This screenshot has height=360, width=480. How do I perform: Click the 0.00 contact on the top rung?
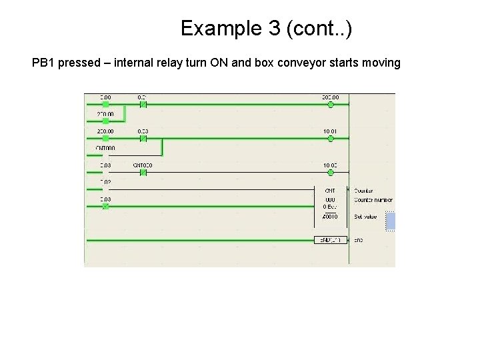click(x=105, y=104)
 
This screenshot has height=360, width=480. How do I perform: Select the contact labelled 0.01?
click(x=143, y=104)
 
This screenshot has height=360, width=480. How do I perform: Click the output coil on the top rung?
click(x=331, y=104)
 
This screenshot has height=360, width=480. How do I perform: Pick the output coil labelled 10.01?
click(x=331, y=138)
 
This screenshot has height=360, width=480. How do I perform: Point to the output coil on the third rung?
click(x=331, y=172)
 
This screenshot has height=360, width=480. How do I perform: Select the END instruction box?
click(x=331, y=239)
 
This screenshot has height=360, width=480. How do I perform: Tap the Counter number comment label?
click(x=373, y=199)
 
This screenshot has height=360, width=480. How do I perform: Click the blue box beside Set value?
click(x=391, y=221)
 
